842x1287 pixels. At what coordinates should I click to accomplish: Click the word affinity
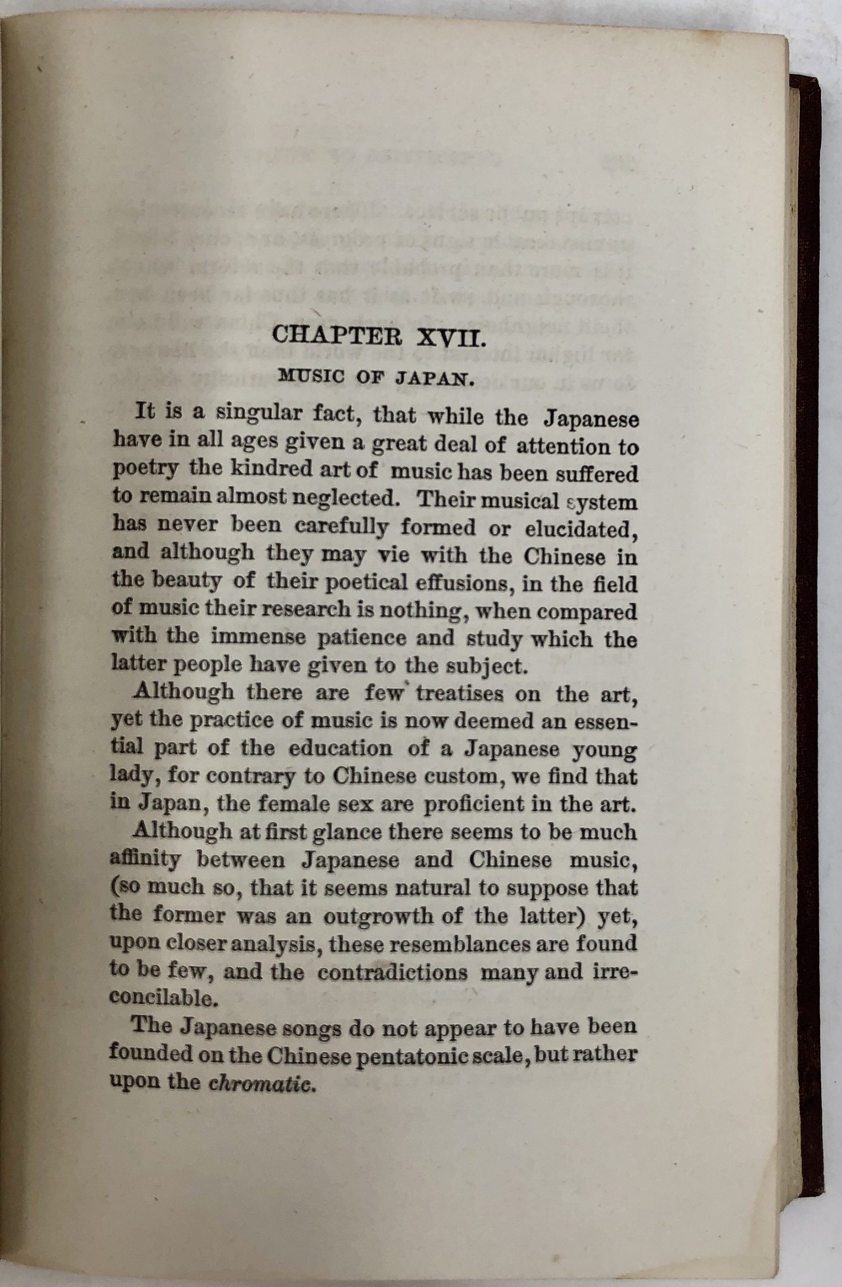coord(145,860)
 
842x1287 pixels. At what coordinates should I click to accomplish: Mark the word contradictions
coord(392,972)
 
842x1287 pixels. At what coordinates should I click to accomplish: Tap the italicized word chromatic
coord(261,1083)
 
